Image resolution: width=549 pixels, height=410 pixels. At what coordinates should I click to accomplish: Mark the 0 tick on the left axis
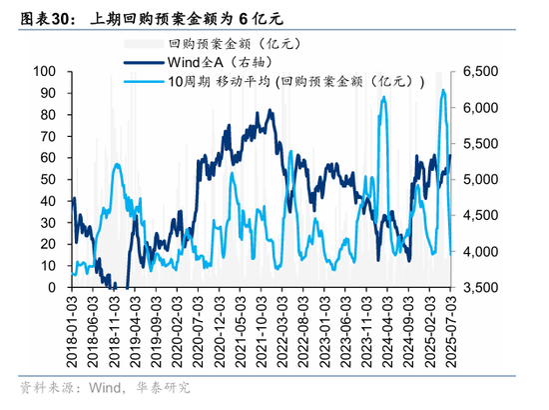pos(51,288)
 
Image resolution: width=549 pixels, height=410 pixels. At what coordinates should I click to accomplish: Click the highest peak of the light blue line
pos(443,91)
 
